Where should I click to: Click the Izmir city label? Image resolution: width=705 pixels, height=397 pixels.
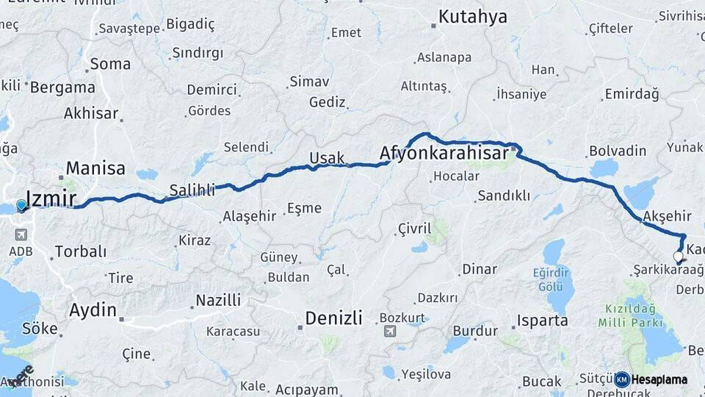[51, 198]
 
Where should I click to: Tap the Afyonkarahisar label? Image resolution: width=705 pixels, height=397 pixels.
[444, 154]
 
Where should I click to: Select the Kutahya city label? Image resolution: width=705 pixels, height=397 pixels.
[473, 16]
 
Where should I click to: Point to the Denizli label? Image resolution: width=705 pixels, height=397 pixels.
[333, 318]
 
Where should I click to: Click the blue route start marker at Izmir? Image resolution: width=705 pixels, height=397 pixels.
[22, 205]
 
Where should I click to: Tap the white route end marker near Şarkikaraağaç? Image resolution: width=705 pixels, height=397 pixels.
[679, 257]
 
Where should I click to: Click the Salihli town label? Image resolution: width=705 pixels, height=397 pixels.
[192, 190]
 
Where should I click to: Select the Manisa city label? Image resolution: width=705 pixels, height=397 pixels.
[96, 168]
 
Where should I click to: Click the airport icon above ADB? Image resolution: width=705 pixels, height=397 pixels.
[19, 235]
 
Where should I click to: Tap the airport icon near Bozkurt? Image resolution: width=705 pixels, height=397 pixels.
[389, 331]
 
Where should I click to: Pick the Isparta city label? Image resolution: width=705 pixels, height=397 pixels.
[542, 321]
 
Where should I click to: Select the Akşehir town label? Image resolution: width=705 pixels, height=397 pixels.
[667, 215]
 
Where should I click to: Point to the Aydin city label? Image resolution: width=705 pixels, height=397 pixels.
[93, 310]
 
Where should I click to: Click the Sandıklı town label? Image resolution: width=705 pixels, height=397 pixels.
[504, 196]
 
